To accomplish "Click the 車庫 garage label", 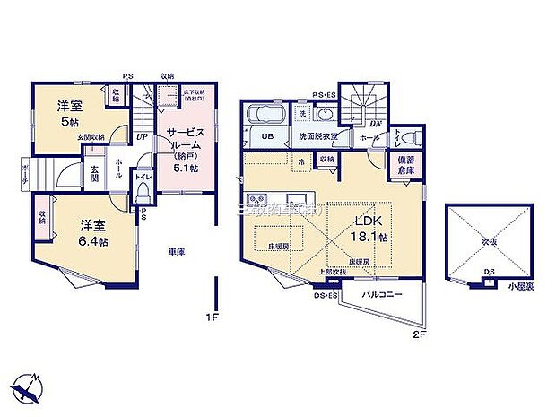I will tap(175, 253).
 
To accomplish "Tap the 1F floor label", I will tap(213, 317).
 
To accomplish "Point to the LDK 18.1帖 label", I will tap(369, 230).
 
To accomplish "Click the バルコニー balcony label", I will tap(382, 295).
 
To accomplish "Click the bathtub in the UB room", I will tap(265, 117).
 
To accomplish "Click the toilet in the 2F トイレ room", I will tap(410, 137).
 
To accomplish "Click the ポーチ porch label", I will tap(27, 173).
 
